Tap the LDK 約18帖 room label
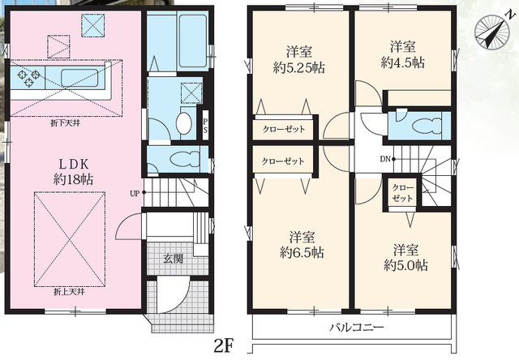point(73,172)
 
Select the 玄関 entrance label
point(173,259)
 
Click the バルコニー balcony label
point(357,328)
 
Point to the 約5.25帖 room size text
point(298,67)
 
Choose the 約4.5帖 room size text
point(402,62)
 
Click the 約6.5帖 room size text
point(302,252)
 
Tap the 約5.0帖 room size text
point(405,265)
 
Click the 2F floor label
point(224,347)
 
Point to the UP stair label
point(135,194)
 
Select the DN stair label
point(385,159)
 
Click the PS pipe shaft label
point(205,126)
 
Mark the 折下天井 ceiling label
point(65,123)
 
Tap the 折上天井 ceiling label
point(69,292)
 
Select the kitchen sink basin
point(79,78)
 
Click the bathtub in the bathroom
point(193,41)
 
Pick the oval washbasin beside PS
point(184,123)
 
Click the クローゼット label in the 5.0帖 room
point(402,193)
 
